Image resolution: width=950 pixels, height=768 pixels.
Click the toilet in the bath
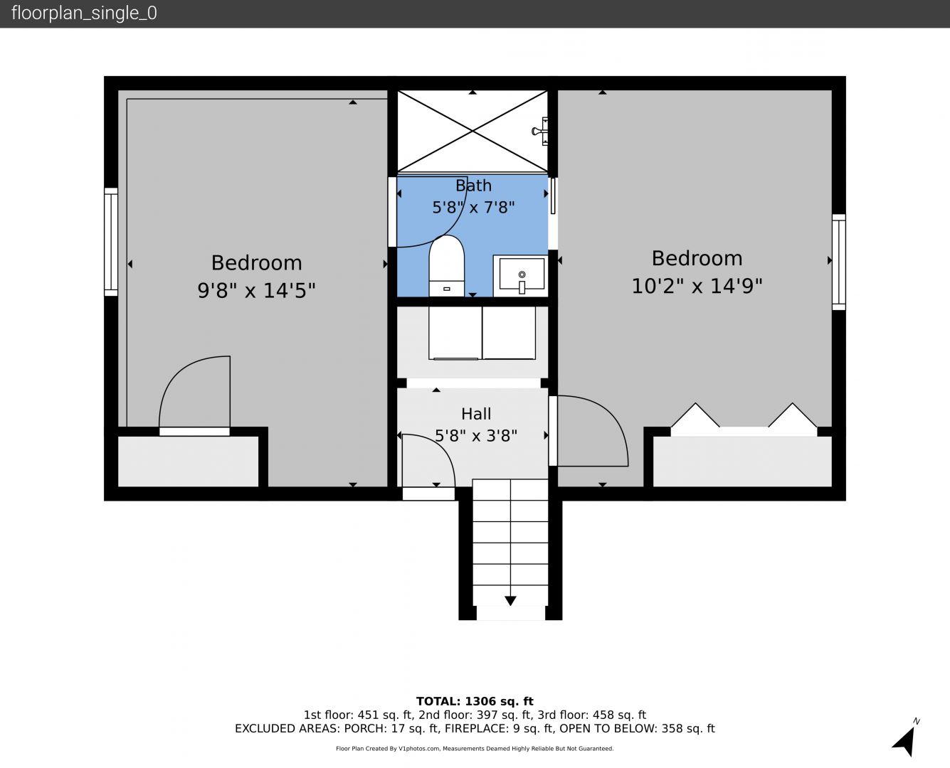pyautogui.click(x=446, y=266)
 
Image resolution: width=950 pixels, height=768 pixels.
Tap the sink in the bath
pyautogui.click(x=521, y=276)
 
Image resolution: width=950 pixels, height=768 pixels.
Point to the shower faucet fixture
pyautogui.click(x=541, y=131)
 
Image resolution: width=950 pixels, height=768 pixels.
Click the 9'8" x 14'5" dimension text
pyautogui.click(x=256, y=290)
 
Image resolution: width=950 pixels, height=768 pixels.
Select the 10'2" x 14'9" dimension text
pyautogui.click(x=697, y=286)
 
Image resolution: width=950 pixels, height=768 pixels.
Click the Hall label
pyautogui.click(x=476, y=414)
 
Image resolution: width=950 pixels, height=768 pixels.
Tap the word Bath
pyautogui.click(x=473, y=186)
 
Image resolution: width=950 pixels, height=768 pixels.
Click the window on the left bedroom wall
pyautogui.click(x=111, y=242)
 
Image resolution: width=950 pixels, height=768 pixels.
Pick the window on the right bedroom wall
pyautogui.click(x=838, y=262)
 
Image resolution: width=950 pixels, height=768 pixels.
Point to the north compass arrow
pyautogui.click(x=904, y=741)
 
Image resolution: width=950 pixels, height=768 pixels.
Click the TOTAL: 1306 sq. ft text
pyautogui.click(x=475, y=701)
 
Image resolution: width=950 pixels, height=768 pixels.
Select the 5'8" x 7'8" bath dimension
pyautogui.click(x=473, y=208)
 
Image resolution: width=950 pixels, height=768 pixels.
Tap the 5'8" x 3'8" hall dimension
pyautogui.click(x=476, y=435)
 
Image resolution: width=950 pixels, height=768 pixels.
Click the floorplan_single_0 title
pyautogui.click(x=84, y=13)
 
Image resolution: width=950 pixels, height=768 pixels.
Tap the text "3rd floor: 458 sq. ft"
pyautogui.click(x=591, y=715)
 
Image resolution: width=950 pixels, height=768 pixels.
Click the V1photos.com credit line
pyautogui.click(x=475, y=748)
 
